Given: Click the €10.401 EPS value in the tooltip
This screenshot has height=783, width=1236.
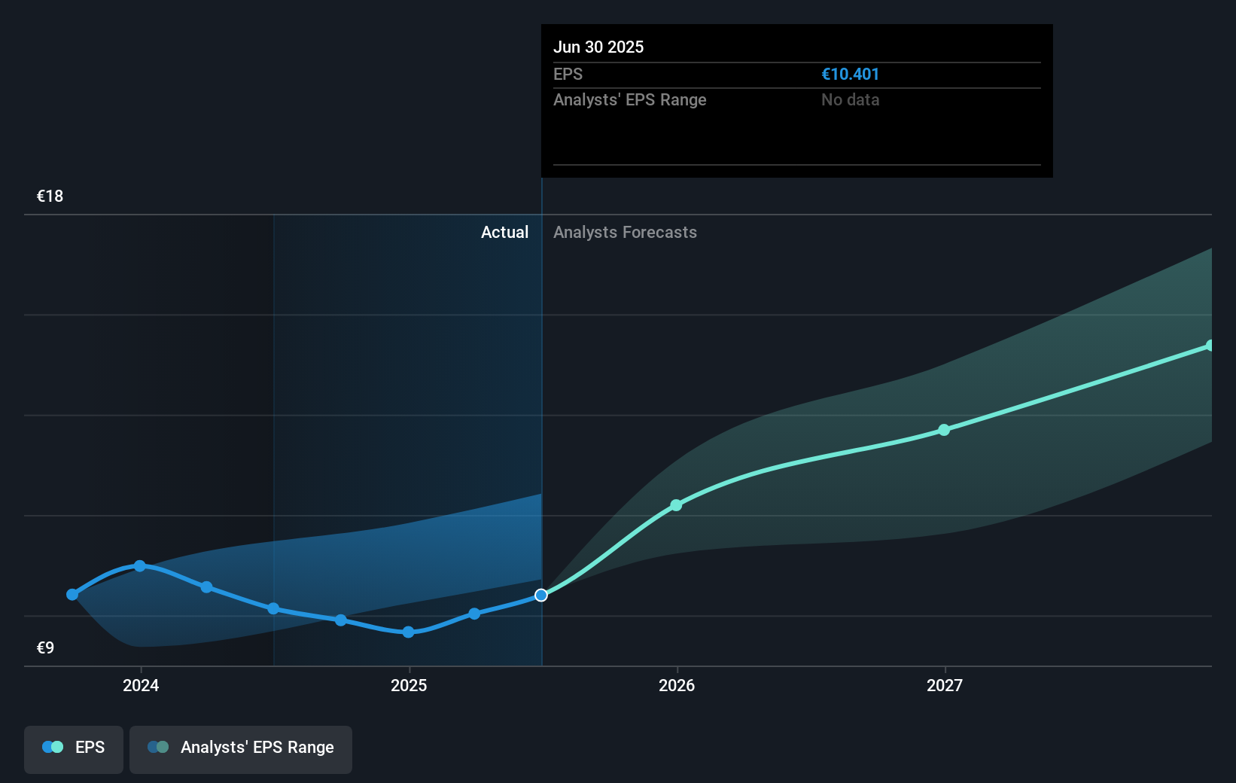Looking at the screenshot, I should point(850,75).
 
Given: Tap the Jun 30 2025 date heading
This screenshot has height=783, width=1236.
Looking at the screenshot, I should point(598,47).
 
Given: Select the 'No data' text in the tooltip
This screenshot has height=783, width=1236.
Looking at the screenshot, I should point(850,100).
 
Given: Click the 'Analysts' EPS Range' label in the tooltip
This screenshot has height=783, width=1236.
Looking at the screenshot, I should point(629,100).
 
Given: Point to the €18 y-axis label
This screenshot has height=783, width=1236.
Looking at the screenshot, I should point(50,197).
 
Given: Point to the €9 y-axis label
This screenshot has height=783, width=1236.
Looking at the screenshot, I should point(46,647).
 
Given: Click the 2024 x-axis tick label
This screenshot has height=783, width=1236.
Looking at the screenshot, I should point(141,685).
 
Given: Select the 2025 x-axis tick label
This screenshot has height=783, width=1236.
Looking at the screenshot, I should point(409,685).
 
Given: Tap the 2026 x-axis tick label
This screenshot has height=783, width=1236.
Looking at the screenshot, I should point(677,685).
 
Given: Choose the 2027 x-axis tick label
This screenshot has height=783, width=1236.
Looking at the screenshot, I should point(945,685).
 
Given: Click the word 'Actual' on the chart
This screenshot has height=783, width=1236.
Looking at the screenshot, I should point(504,233).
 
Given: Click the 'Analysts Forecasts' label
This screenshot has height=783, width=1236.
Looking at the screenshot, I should point(625,233).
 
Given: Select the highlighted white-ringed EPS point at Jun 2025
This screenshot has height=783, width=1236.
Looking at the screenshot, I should point(541,596).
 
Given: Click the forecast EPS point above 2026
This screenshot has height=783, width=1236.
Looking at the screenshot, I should point(676,505).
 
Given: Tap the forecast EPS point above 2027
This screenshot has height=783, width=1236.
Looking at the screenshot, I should point(944,430).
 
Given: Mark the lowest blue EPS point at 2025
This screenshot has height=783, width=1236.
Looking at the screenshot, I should point(408,632).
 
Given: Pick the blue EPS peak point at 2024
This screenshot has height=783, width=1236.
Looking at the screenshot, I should point(140,565).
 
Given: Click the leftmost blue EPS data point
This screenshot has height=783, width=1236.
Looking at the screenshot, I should point(72,595).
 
